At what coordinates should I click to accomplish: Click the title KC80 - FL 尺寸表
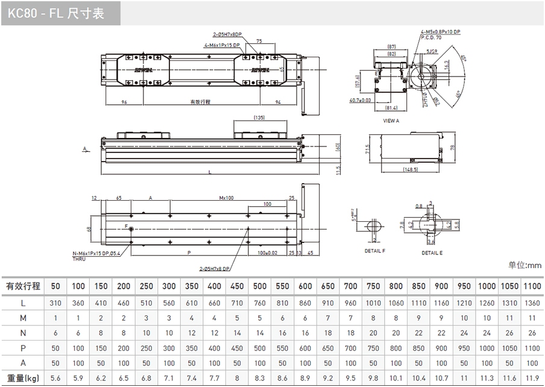(56, 13)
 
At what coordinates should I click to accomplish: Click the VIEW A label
(391, 121)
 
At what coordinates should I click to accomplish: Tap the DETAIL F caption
(374, 250)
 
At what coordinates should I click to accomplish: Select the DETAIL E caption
(432, 253)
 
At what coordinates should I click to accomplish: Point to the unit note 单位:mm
(525, 265)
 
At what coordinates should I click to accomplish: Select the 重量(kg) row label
(23, 379)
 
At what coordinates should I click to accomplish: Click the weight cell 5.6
(55, 379)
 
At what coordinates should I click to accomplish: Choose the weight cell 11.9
(532, 379)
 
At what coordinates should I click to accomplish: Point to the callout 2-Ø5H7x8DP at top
(227, 34)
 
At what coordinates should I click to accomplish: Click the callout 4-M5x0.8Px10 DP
(441, 31)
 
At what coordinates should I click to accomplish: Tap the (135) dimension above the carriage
(259, 118)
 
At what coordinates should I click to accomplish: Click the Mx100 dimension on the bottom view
(227, 198)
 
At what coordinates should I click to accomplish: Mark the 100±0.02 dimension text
(268, 253)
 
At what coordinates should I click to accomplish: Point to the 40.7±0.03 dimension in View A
(360, 100)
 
